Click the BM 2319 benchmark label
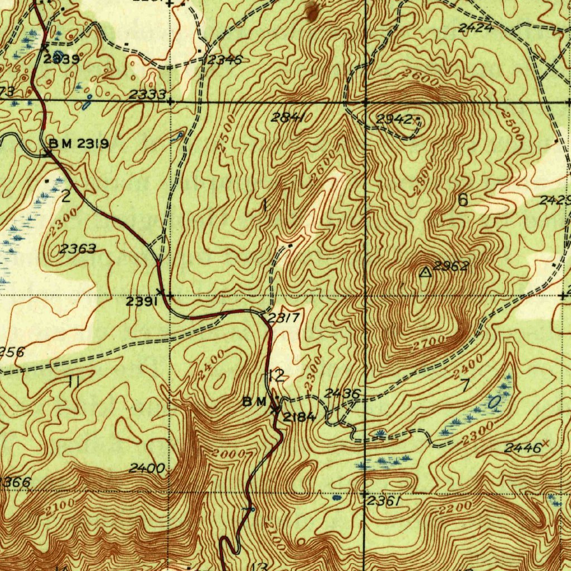[79, 143]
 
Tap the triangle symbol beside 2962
[425, 272]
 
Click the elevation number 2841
[288, 117]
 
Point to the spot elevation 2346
[224, 60]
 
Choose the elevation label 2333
[147, 95]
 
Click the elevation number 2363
[78, 249]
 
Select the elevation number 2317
[284, 318]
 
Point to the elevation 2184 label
[299, 417]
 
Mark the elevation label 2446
[522, 448]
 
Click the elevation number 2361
[384, 502]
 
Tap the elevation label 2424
[476, 28]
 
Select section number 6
[462, 200]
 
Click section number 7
[466, 384]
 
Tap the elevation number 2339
[61, 59]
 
